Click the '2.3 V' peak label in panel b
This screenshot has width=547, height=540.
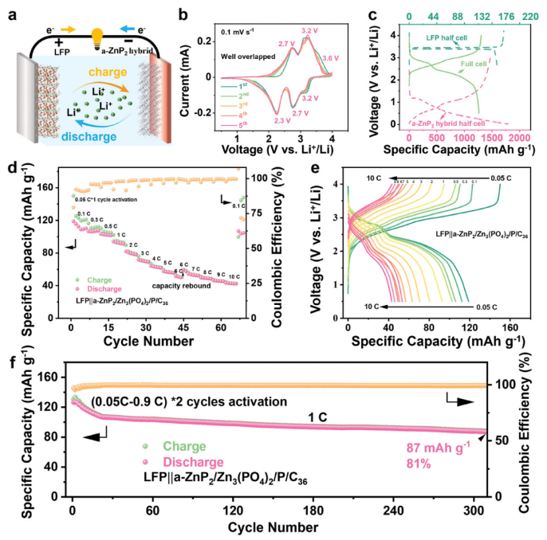click(x=261, y=120)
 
